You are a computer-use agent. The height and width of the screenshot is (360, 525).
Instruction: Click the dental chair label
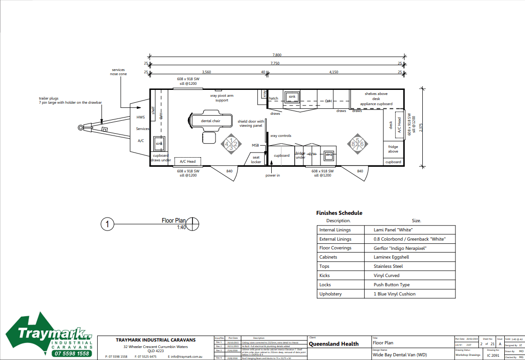210,121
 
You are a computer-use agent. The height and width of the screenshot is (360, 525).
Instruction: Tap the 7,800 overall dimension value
276,55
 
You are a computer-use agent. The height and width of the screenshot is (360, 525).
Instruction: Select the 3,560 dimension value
206,72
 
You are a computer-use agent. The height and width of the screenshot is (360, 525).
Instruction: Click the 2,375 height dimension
420,128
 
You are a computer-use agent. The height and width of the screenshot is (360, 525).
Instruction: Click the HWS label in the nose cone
140,117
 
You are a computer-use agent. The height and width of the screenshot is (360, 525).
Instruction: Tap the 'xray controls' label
280,136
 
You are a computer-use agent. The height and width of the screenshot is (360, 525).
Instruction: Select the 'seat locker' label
256,159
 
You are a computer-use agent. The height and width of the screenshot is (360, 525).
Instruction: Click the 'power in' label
272,175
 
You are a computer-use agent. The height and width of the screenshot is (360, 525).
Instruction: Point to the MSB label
255,145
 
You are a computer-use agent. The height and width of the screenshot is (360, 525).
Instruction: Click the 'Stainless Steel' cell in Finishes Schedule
388,266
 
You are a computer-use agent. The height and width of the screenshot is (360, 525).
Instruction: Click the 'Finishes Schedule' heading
339,213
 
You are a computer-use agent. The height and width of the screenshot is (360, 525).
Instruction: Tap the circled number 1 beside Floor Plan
107,224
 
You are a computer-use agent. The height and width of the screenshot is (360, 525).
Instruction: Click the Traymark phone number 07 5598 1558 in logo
71,354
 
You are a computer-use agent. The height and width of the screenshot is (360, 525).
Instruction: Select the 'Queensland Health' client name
333,344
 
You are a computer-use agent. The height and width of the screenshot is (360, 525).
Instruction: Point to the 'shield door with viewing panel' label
251,124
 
